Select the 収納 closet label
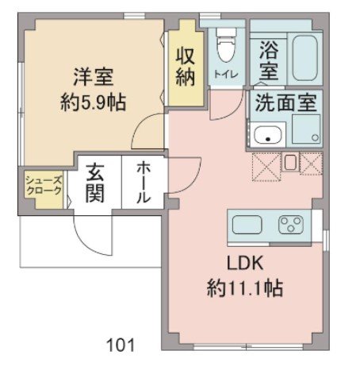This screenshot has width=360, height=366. click(186, 68)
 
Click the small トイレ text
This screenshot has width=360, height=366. click(225, 74)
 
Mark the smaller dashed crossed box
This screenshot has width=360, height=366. click(310, 164)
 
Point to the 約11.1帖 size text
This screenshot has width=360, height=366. click(245, 287)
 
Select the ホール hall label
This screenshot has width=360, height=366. click(144, 184)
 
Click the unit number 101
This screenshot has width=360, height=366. click(121, 345)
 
